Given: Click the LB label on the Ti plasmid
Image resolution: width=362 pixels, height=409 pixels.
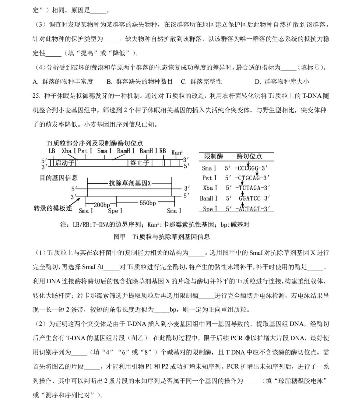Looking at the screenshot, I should (52, 151).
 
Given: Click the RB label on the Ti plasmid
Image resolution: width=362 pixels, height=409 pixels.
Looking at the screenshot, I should (163, 151).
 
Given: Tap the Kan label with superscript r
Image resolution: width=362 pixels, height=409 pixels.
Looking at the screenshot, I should (177, 152).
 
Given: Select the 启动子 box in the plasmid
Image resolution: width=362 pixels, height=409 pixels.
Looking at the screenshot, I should (65, 163).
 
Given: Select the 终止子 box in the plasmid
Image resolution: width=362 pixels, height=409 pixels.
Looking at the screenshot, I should (139, 163).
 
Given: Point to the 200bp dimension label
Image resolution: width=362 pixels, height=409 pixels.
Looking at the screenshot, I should (102, 205).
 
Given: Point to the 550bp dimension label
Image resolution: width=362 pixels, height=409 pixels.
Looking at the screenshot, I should (148, 203).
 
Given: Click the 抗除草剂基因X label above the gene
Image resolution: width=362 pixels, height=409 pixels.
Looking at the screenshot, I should (130, 183).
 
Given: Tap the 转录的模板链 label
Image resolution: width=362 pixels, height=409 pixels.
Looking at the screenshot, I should (53, 208).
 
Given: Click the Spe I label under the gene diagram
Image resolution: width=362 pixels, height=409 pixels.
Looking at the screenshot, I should (115, 211).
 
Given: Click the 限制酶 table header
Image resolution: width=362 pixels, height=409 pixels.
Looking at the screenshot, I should (213, 157).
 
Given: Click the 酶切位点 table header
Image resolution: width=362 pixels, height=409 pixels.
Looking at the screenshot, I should (249, 157).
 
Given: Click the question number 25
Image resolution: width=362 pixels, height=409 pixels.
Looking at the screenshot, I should (36, 96).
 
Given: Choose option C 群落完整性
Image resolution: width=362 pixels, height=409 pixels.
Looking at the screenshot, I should (201, 82).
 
